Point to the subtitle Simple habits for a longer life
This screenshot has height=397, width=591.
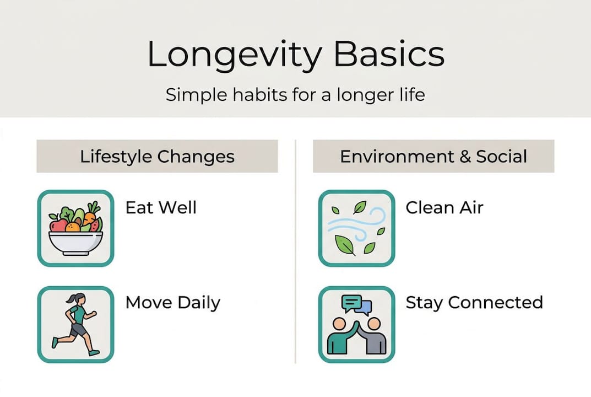pyautogui.click(x=295, y=94)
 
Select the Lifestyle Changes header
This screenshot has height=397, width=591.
pyautogui.click(x=157, y=156)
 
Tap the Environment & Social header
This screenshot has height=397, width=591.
pyautogui.click(x=433, y=156)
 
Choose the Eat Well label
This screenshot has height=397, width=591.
pyautogui.click(x=161, y=207)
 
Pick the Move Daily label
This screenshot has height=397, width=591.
pyautogui.click(x=172, y=302)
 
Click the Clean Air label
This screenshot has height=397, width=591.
pyautogui.click(x=444, y=207)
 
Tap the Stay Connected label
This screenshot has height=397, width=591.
pyautogui.click(x=474, y=302)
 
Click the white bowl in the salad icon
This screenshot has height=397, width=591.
pyautogui.click(x=75, y=243)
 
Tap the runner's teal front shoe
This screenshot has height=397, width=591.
pyautogui.click(x=94, y=351)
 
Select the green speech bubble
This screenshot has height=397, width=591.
pyautogui.click(x=351, y=303)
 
